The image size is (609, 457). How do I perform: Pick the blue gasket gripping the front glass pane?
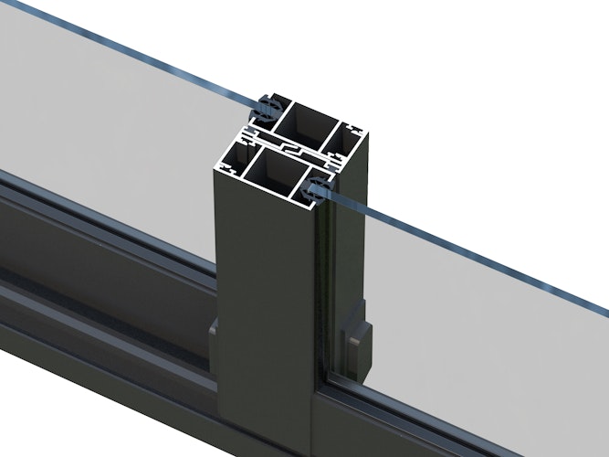coord(317,191)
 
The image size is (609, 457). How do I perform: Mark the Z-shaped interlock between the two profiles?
coord(292,145)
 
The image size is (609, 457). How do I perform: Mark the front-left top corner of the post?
coord(215,173)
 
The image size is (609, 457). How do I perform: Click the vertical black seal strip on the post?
coord(319,302)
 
